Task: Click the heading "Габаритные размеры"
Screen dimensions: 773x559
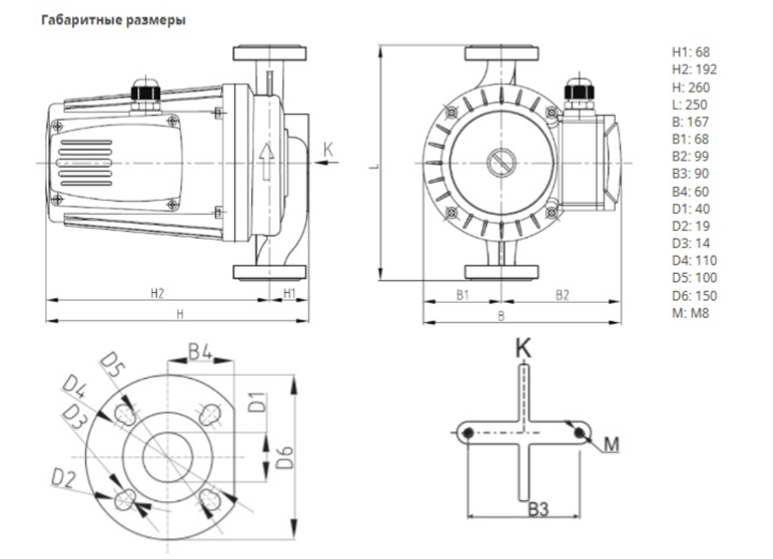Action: pos(114,20)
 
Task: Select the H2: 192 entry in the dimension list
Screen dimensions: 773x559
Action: pos(695,70)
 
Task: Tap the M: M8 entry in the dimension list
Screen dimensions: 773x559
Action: pos(690,312)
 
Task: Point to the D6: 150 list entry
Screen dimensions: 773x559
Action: pos(695,295)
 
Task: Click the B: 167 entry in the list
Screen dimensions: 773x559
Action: pos(690,121)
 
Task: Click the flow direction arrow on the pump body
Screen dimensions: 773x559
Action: pos(267,161)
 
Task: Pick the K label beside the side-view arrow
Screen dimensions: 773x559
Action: pos(328,149)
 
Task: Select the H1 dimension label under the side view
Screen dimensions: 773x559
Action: pos(289,293)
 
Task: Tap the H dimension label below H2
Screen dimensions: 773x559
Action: pos(180,314)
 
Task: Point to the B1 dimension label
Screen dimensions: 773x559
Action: pos(462,295)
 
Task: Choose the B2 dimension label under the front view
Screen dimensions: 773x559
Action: pos(563,295)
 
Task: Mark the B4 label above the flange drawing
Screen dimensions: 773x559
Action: pos(201,353)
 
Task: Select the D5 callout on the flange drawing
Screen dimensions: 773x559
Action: pos(113,365)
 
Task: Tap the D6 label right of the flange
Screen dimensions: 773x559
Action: pos(285,457)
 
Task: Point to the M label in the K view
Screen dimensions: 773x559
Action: pos(611,445)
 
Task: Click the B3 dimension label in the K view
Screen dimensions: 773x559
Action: pos(538,509)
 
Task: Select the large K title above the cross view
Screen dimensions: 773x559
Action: pos(523,348)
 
